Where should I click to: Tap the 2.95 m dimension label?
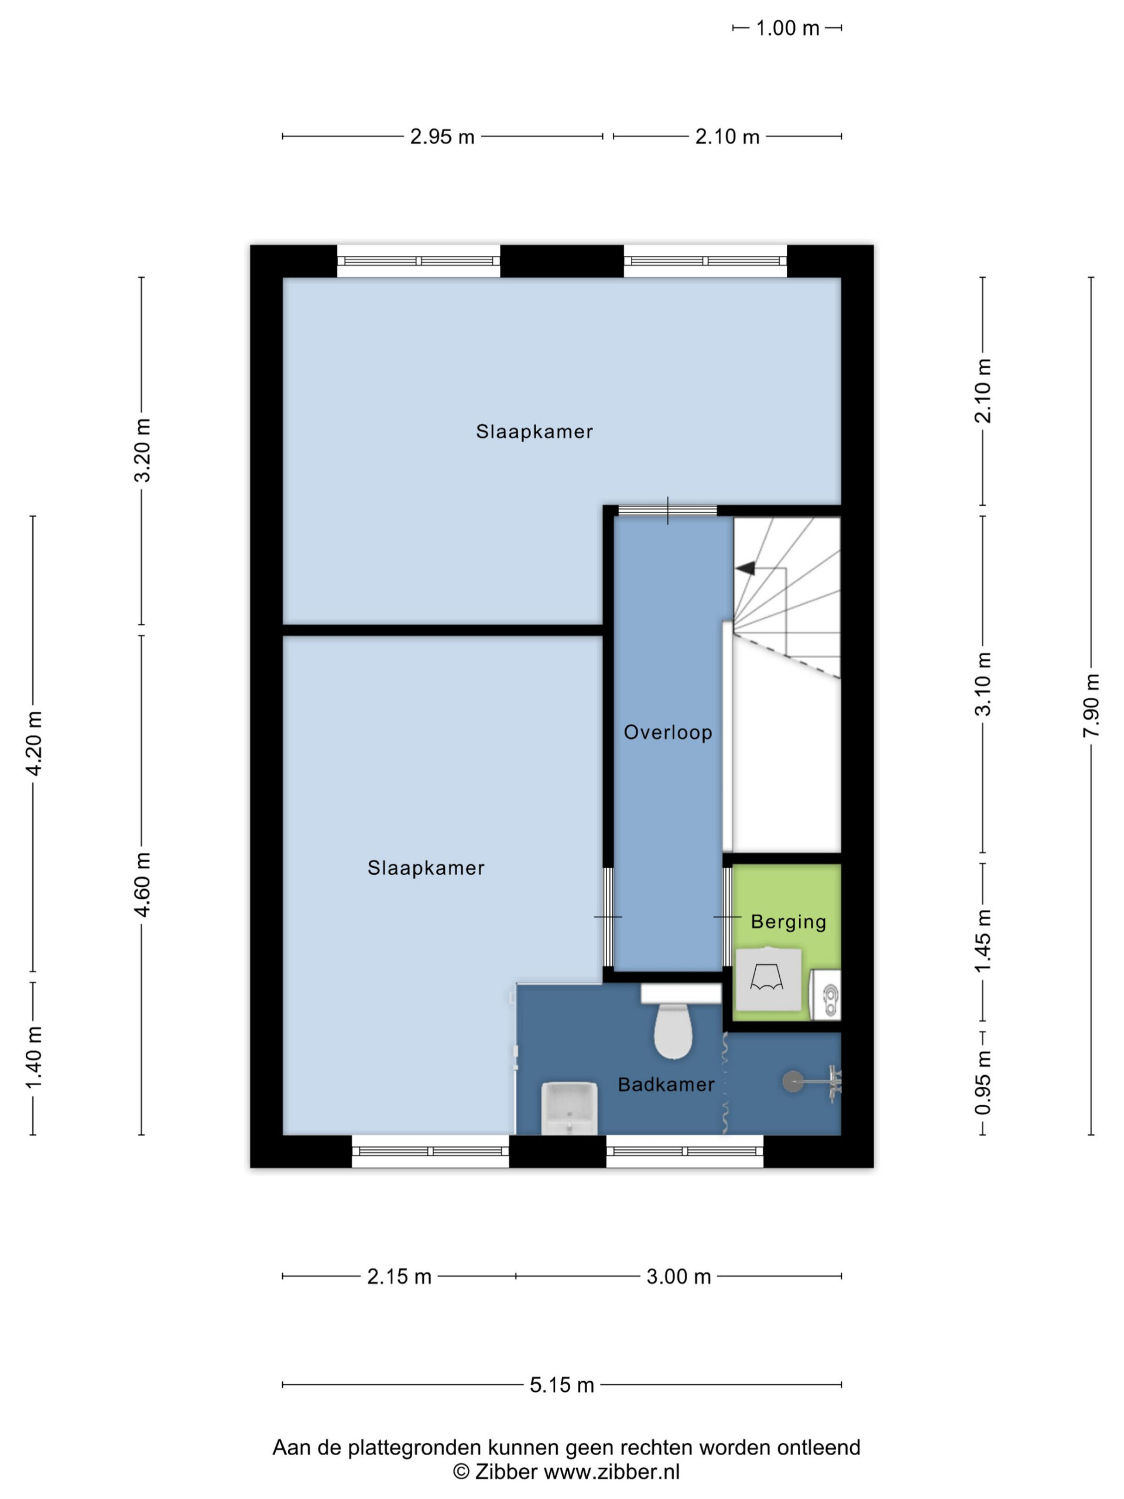pyautogui.click(x=442, y=137)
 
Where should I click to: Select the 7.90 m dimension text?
pyautogui.click(x=1091, y=706)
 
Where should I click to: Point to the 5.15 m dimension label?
pyautogui.click(x=561, y=1385)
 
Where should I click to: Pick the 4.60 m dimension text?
pyautogui.click(x=142, y=884)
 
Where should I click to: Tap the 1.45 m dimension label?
pyautogui.click(x=982, y=942)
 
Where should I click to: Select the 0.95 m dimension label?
pyautogui.click(x=982, y=1082)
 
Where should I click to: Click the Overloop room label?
pyautogui.click(x=667, y=732)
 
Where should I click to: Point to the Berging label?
pyautogui.click(x=789, y=922)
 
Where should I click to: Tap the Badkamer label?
pyautogui.click(x=666, y=1084)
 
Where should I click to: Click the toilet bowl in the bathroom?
pyautogui.click(x=673, y=1030)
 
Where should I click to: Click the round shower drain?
pyautogui.click(x=791, y=1082)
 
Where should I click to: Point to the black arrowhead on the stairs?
pyautogui.click(x=745, y=568)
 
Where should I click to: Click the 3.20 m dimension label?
pyautogui.click(x=142, y=450)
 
